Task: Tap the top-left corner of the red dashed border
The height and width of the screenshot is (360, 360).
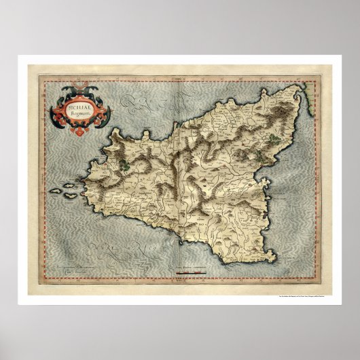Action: coord(43,79)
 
